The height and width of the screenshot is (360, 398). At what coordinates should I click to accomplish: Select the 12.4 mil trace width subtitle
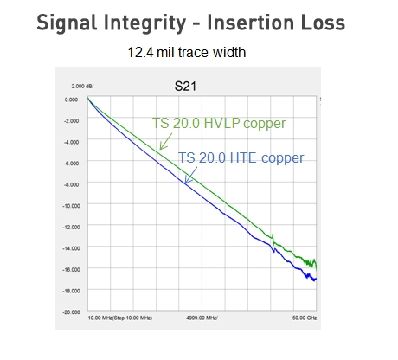point(186,53)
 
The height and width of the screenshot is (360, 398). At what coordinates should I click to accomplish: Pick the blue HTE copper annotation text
point(241,158)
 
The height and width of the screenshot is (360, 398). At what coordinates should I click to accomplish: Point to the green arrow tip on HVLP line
point(159,150)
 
